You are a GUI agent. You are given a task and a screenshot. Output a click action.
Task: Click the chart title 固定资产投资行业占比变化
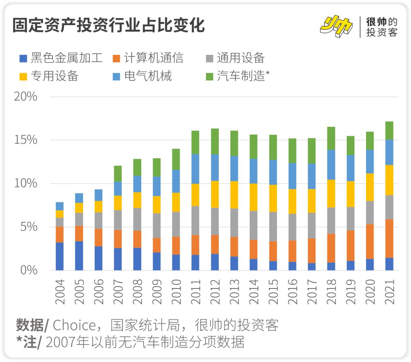(108, 26)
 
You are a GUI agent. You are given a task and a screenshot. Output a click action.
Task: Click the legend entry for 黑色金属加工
(61, 58)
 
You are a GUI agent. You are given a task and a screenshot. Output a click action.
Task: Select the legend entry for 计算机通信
(148, 58)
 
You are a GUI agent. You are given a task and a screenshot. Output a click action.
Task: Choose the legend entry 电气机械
(142, 76)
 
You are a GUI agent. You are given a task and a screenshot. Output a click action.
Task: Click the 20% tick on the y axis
(25, 97)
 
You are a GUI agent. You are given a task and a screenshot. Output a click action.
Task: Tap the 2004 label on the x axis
(60, 292)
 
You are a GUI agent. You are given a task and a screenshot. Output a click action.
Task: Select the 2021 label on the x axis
(389, 292)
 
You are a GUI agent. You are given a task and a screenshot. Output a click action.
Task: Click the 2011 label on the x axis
(195, 292)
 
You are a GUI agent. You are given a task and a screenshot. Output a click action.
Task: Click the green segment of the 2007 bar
(118, 174)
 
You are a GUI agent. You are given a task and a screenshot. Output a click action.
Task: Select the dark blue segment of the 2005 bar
(79, 256)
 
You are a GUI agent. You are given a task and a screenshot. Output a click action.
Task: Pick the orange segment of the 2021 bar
(389, 239)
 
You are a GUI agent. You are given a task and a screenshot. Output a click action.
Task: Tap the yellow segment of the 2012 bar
(215, 194)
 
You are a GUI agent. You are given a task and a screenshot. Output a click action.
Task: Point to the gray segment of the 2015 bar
(273, 226)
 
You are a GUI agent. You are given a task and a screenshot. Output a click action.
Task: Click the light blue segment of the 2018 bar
(331, 164)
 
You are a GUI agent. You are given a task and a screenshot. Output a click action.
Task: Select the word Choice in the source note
(74, 325)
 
